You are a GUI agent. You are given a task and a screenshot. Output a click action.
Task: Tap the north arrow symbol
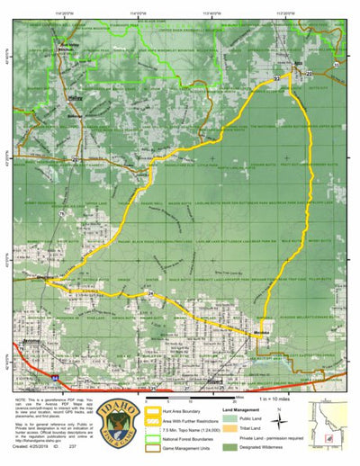pos(281,415)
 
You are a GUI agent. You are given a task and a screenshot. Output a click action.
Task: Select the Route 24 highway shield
pos(150,295)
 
